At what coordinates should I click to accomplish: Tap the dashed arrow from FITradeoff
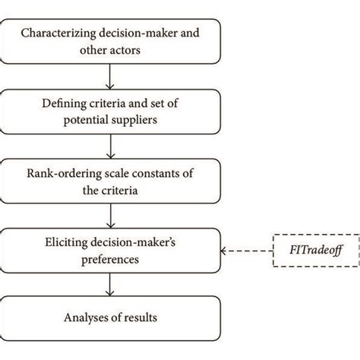pos(245,249)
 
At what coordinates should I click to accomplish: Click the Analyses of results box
pos(111,317)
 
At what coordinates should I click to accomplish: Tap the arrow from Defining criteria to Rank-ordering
pos(111,144)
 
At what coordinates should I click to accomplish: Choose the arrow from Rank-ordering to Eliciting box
pos(111,213)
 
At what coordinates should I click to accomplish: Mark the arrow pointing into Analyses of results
pos(111,283)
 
